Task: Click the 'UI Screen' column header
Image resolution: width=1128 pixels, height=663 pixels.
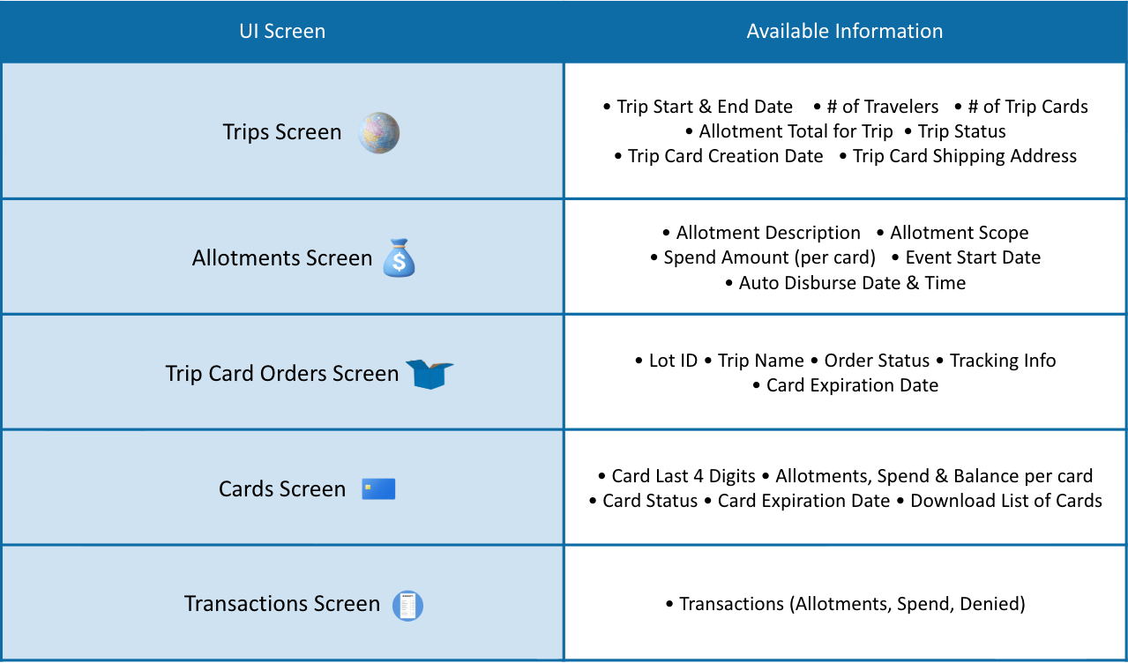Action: point(282,31)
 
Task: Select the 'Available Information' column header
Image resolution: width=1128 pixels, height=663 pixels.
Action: point(845,31)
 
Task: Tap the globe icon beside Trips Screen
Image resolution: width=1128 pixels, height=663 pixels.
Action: point(378,133)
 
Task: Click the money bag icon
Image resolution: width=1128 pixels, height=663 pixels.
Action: point(399,257)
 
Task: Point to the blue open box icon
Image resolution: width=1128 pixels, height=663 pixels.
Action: point(430,374)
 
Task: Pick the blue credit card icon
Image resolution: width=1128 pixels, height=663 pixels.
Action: point(378,488)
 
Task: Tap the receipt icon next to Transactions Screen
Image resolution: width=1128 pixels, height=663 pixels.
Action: point(407,606)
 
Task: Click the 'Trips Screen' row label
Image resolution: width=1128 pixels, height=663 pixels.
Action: point(282,132)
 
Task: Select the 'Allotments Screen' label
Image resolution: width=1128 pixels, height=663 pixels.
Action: point(282,257)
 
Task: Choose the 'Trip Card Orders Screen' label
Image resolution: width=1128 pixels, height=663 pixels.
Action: point(282,374)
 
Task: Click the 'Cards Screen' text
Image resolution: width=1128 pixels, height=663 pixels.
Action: point(282,488)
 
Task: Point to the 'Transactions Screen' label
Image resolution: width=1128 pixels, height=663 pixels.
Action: point(282,604)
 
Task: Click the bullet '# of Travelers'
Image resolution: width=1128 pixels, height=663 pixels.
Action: point(882,107)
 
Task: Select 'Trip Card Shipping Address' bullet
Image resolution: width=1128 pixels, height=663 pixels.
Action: point(964,156)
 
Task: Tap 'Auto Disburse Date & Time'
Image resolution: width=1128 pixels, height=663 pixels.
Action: point(852,283)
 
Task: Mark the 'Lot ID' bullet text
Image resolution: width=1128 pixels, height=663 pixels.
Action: point(673,361)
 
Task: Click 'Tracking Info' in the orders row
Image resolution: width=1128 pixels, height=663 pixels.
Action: point(1003,361)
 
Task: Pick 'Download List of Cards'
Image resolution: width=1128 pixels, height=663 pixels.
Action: point(1006,501)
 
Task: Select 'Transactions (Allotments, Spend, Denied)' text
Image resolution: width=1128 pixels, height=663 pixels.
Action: point(852,604)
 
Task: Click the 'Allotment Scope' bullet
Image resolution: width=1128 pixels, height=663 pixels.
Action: point(960,233)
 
